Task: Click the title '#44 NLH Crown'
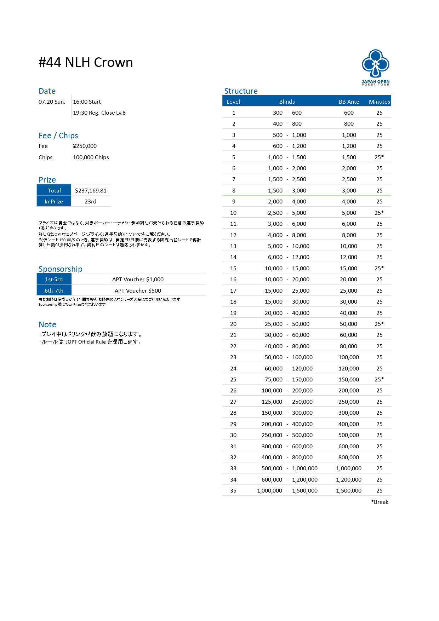tap(86, 63)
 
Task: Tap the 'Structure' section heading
tap(241, 91)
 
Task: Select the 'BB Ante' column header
tap(349, 102)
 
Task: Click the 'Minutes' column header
tap(379, 102)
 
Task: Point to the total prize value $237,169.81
tap(91, 190)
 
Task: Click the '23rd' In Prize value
tap(90, 201)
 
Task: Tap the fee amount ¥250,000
tap(85, 146)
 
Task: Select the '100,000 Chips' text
tap(91, 157)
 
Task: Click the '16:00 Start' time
tap(87, 102)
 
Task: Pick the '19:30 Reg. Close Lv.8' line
tap(99, 113)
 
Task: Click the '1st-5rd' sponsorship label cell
tap(54, 279)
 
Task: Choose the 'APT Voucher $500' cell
tap(138, 291)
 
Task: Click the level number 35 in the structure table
tap(233, 490)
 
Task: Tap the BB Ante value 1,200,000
tap(349, 479)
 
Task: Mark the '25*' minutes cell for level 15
tap(379, 268)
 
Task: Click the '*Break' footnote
tap(380, 502)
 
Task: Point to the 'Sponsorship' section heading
tap(60, 269)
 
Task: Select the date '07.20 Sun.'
tap(52, 102)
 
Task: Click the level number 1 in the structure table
tap(234, 113)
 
